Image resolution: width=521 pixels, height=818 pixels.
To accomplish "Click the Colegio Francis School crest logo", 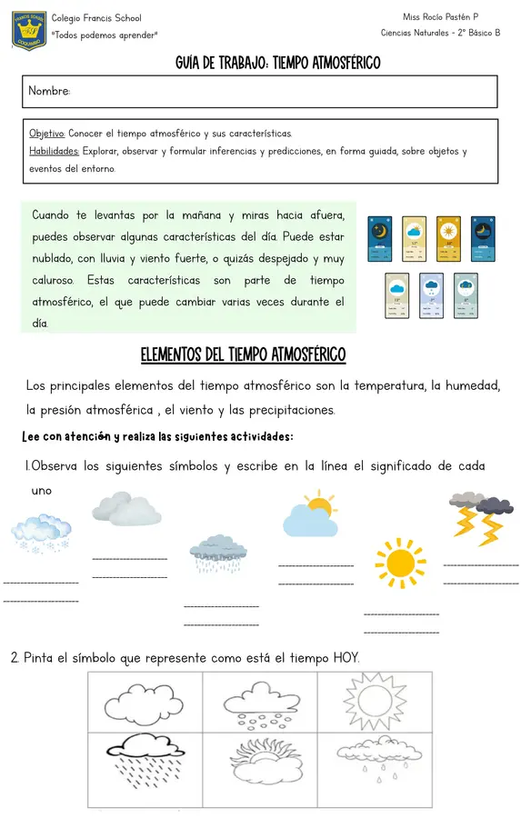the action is tap(29, 29).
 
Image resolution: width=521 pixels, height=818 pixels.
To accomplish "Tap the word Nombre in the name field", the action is tap(49, 92).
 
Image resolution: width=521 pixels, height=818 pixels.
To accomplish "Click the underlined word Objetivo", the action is tap(47, 134).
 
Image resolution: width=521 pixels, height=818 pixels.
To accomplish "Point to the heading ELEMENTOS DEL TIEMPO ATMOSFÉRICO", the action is tap(243, 354).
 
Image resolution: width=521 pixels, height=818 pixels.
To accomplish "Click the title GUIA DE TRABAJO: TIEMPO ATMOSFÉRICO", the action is tap(277, 63).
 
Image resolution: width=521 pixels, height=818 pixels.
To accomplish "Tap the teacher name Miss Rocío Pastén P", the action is tap(440, 17).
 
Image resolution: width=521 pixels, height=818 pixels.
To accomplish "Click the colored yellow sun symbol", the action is tap(400, 563).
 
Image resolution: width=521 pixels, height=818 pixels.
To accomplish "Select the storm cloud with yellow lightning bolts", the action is tap(480, 517).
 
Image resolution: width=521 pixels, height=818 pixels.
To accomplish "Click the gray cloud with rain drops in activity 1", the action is tap(218, 553).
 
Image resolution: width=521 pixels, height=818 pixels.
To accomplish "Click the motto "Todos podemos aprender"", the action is tap(105, 35).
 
